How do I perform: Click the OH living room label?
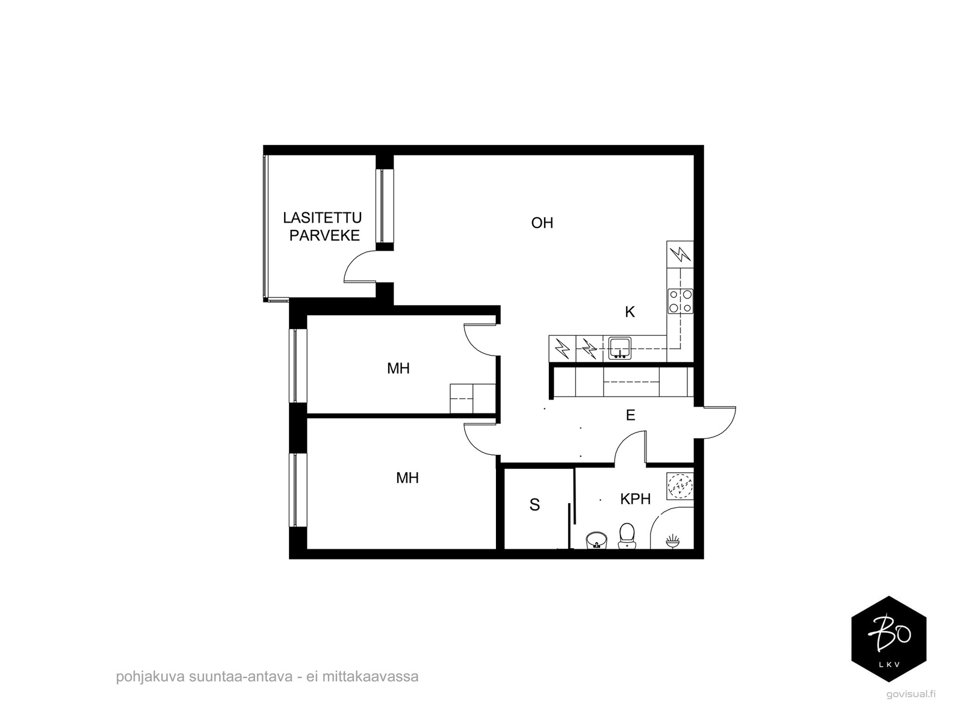coord(542,223)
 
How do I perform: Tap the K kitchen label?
coord(630,312)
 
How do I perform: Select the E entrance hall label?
coord(630,415)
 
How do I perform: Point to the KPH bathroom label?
coord(635,499)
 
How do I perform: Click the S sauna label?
coord(534,505)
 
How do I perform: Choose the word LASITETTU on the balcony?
coord(323,217)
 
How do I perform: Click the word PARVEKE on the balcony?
coord(324,235)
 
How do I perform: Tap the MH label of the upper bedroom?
coord(398,369)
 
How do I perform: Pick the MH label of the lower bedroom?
coord(407,478)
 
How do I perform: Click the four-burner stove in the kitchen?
coord(681,301)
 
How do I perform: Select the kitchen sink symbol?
coord(619,348)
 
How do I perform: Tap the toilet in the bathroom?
coord(626,535)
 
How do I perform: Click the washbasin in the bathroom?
coord(596,540)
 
